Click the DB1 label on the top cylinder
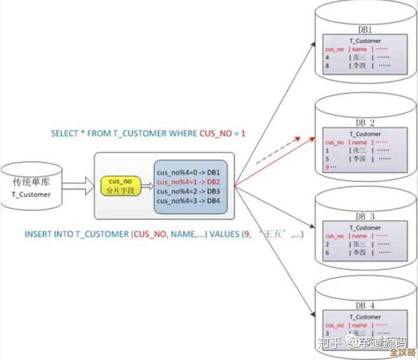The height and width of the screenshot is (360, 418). click(x=365, y=30)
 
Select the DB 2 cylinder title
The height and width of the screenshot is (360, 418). click(x=365, y=123)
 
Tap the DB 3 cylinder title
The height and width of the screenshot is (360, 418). click(x=365, y=216)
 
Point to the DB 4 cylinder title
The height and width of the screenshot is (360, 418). click(x=365, y=305)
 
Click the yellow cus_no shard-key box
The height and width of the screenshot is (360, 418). click(x=120, y=185)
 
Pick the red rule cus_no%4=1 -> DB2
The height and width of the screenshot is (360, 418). click(x=188, y=182)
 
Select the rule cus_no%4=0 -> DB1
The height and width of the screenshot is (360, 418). click(x=188, y=173)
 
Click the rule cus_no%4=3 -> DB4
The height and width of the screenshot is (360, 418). click(x=188, y=201)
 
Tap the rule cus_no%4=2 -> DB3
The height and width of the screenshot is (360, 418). click(x=188, y=191)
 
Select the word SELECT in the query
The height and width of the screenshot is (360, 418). click(x=65, y=134)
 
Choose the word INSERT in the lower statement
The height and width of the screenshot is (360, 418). click(x=38, y=234)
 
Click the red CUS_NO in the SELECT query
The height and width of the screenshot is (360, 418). click(x=216, y=134)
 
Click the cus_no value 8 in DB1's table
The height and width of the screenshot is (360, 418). click(x=327, y=65)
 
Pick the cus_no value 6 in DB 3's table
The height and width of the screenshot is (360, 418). click(x=327, y=252)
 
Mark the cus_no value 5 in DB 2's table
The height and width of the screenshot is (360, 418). click(x=327, y=158)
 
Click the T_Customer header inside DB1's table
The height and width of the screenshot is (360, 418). click(x=365, y=41)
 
